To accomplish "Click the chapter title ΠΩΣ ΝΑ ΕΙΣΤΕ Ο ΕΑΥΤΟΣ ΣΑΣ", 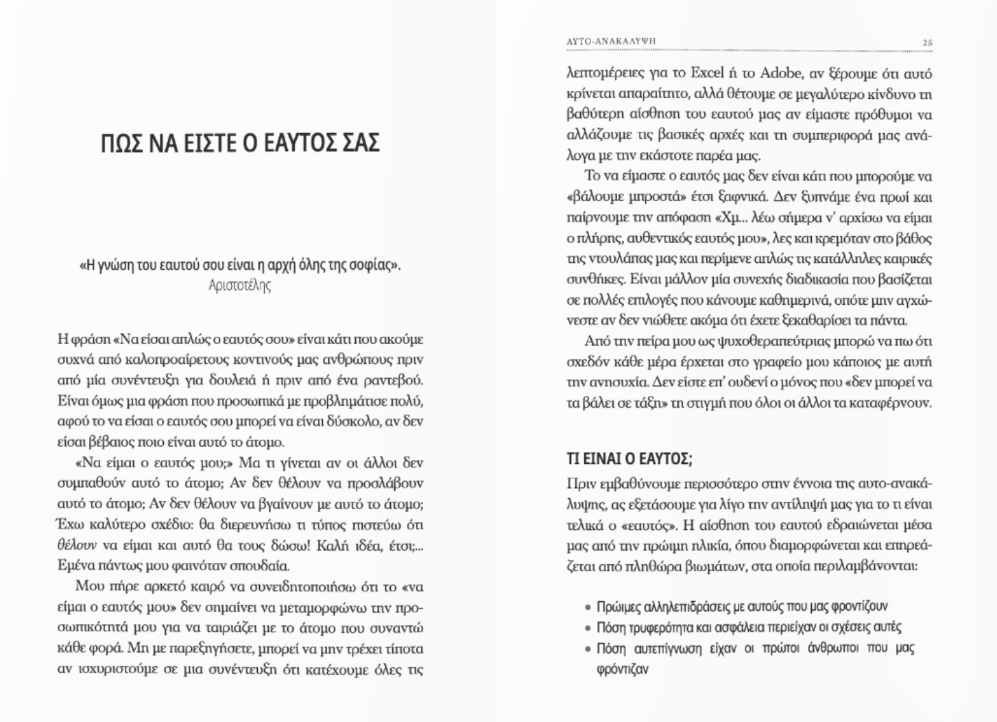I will coord(239,143).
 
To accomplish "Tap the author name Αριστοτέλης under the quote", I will coord(239,286).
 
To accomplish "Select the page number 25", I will coord(927,42).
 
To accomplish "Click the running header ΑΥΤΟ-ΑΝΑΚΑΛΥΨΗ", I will coord(611,41).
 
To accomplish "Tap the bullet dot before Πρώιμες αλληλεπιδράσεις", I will coord(588,607).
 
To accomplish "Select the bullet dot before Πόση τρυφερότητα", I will coord(588,628).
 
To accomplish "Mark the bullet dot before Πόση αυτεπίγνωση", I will coord(588,649).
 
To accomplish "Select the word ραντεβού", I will coord(400,380).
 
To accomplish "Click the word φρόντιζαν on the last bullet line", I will coord(622,669).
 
